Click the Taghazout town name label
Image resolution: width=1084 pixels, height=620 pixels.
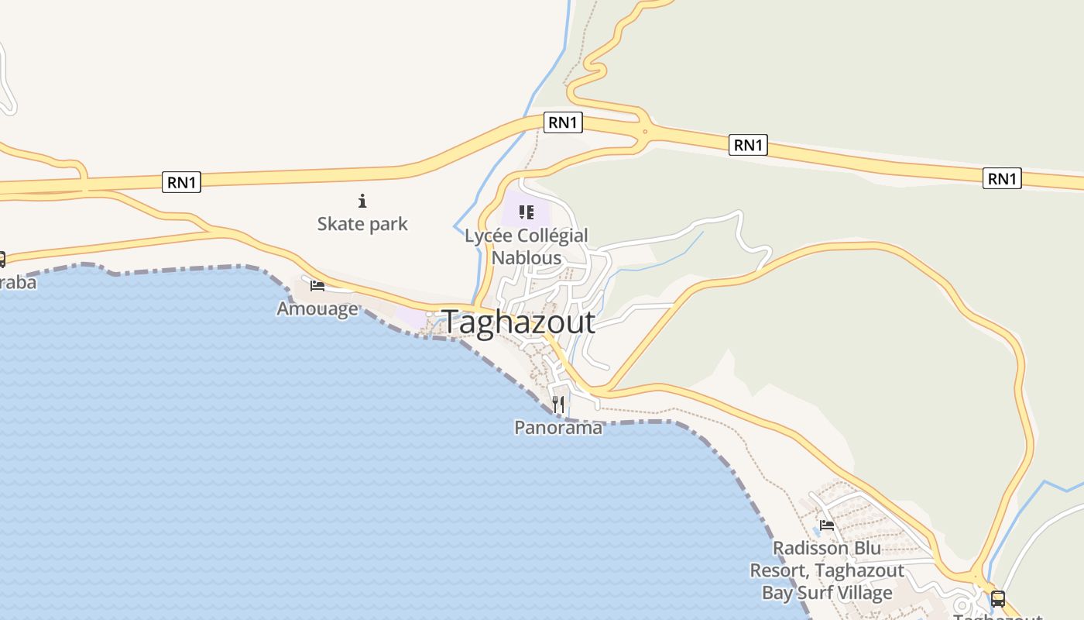click(519, 322)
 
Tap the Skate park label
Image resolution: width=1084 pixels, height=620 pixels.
click(362, 224)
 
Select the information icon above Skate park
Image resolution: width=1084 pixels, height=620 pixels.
click(362, 201)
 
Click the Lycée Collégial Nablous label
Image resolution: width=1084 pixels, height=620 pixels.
click(527, 246)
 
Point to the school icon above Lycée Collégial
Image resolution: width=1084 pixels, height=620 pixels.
click(527, 212)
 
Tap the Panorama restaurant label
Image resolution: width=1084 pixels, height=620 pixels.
click(558, 427)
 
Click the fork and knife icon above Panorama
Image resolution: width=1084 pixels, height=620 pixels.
click(558, 405)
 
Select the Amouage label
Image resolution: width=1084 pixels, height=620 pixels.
click(317, 308)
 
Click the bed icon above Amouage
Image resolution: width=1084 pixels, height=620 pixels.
click(317, 286)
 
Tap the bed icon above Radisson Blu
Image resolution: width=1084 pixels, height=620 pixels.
click(827, 525)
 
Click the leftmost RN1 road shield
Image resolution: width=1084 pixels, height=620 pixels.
click(182, 182)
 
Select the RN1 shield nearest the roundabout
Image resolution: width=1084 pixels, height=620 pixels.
click(563, 122)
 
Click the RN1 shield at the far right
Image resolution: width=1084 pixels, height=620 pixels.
click(1002, 178)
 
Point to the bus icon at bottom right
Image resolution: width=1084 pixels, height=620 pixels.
click(998, 598)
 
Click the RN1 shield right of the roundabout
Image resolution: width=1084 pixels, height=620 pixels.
click(748, 144)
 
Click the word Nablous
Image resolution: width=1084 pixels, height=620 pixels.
click(527, 257)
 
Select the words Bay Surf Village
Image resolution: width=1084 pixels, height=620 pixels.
click(827, 593)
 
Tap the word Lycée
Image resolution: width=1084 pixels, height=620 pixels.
click(487, 236)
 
